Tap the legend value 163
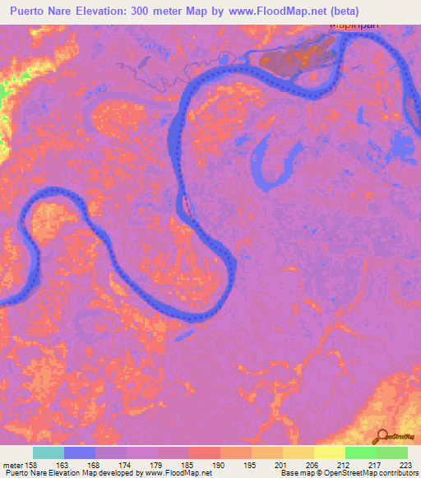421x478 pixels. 65,465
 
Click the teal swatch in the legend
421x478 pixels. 49,453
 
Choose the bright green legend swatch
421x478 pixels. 361,453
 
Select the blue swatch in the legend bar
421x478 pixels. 80,453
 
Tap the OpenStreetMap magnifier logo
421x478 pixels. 383,436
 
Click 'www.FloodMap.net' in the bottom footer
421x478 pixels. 173,474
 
